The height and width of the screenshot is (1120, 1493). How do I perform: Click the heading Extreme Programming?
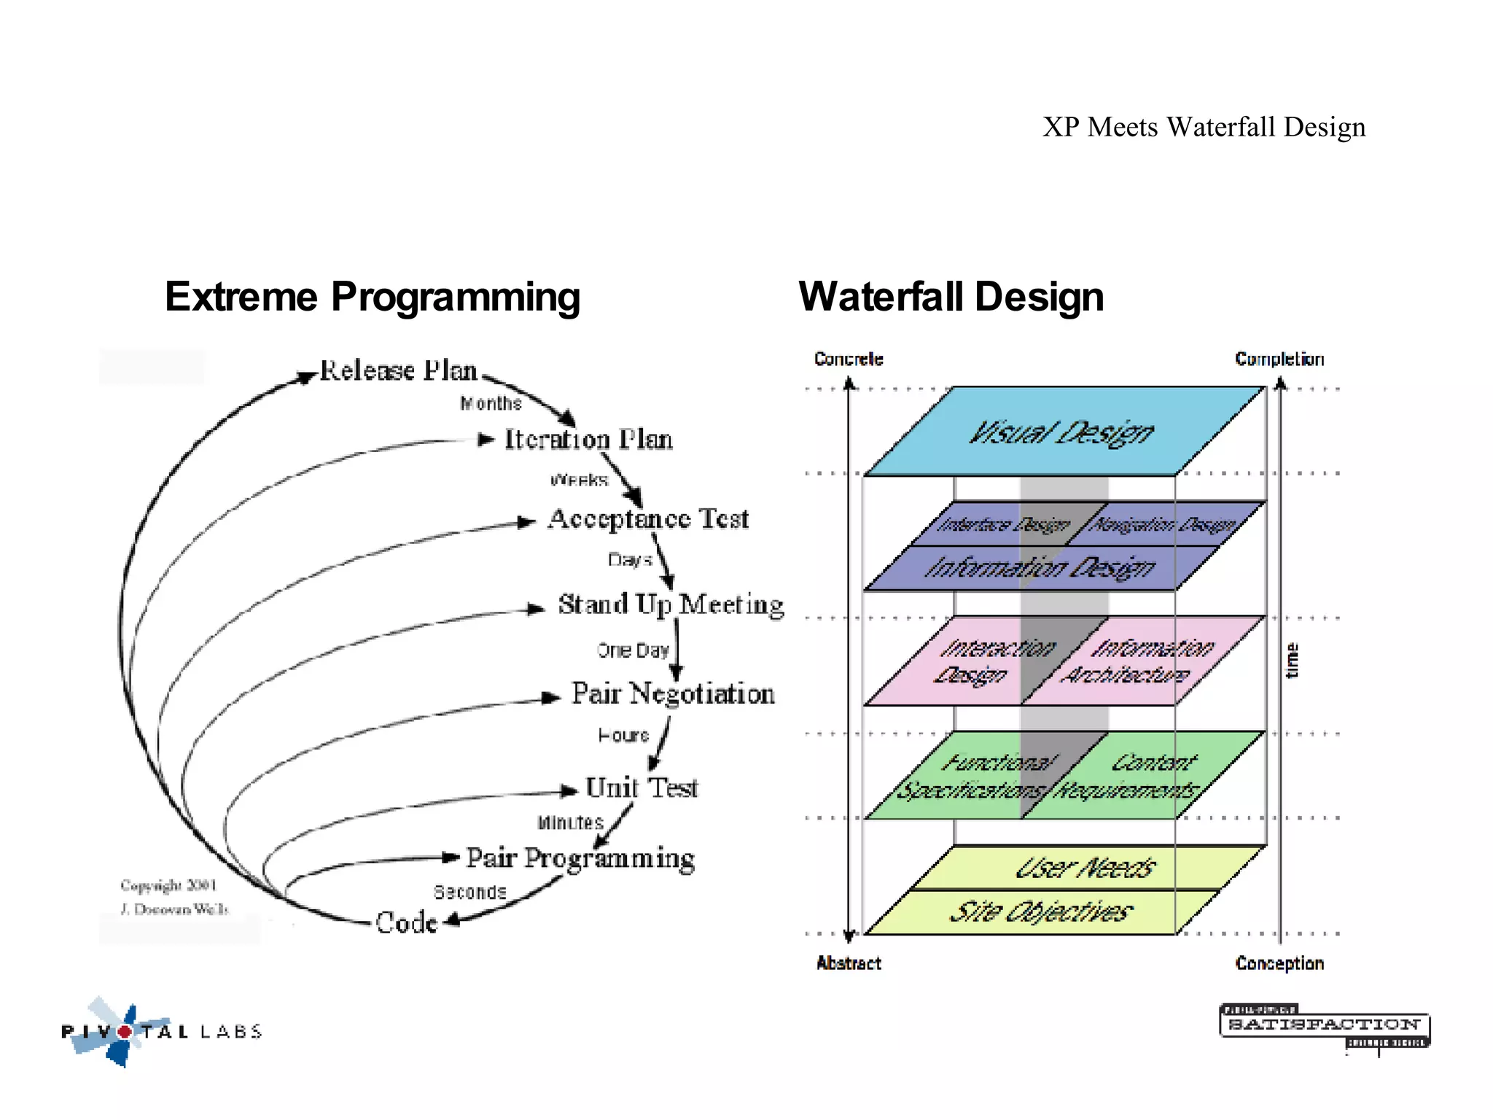(x=373, y=297)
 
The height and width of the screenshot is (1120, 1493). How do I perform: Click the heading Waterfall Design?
(x=951, y=297)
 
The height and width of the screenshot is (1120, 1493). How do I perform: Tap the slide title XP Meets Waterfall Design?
(x=1204, y=127)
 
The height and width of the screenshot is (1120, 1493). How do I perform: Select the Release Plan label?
(x=399, y=370)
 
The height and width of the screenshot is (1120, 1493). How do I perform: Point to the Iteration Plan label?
(x=588, y=439)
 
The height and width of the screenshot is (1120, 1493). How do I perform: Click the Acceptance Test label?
(x=648, y=518)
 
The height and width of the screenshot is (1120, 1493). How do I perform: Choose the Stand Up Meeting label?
(x=671, y=604)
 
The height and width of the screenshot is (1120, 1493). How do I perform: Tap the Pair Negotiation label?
(x=672, y=693)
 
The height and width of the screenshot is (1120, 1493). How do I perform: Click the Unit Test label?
(x=642, y=787)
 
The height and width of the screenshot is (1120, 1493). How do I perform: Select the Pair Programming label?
(x=580, y=858)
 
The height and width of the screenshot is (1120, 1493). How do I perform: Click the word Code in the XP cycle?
(x=406, y=922)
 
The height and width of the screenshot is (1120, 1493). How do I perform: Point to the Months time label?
(x=491, y=403)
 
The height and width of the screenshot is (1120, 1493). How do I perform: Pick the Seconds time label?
(x=469, y=892)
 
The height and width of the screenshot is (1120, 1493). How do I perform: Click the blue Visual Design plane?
(x=1061, y=432)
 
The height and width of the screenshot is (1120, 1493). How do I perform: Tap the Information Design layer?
(x=1040, y=568)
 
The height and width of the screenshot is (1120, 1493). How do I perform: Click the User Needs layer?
(x=1085, y=868)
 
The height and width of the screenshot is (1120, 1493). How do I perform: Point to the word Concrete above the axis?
(x=849, y=359)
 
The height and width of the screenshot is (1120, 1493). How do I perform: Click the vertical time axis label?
(x=1292, y=661)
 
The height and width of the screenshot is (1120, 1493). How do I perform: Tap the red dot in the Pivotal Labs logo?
(x=125, y=1032)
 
